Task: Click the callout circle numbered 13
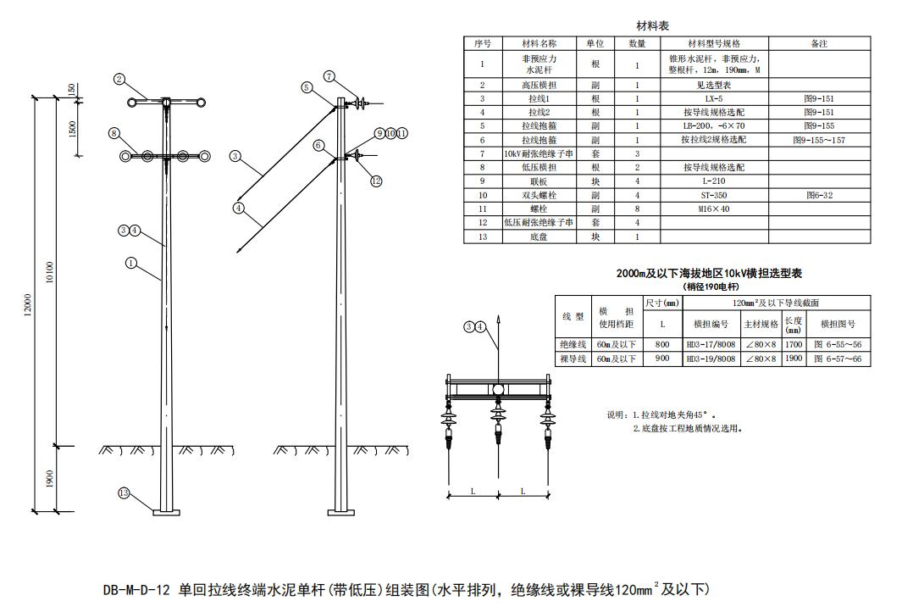click(124, 493)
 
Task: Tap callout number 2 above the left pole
click(119, 79)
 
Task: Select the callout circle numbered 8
click(113, 133)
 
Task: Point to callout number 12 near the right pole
click(376, 181)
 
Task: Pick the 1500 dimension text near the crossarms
click(72, 129)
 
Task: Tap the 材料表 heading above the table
click(653, 26)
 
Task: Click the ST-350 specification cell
click(714, 195)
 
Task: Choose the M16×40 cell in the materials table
click(714, 209)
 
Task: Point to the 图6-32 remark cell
click(818, 195)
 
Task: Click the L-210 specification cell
click(714, 181)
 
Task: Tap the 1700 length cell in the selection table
click(794, 345)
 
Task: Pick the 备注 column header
click(818, 43)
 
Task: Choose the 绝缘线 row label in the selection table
click(573, 345)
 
